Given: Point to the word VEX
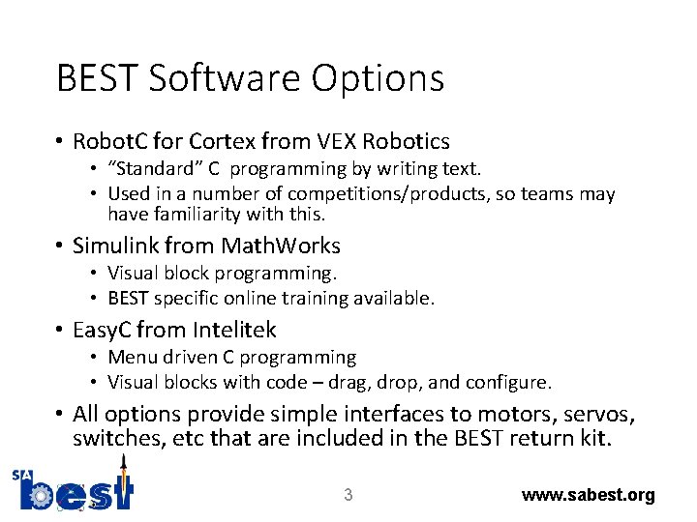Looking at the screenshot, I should (339, 141).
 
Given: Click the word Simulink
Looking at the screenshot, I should (122, 246).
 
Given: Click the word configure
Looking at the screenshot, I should (509, 383).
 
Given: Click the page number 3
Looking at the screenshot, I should (348, 495).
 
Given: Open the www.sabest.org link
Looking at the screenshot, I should (588, 495).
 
